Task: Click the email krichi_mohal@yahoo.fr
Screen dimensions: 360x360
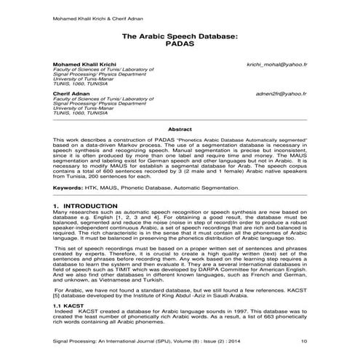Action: (x=281, y=65)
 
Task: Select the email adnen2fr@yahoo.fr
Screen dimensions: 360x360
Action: (x=286, y=94)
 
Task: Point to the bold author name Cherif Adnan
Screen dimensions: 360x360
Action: (x=71, y=94)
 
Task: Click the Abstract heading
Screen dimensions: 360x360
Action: (x=179, y=128)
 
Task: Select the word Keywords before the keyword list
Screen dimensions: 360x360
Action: (x=66, y=188)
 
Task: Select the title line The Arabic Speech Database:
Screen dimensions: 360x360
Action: (x=179, y=35)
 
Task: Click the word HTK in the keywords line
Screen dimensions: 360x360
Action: (x=92, y=188)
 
